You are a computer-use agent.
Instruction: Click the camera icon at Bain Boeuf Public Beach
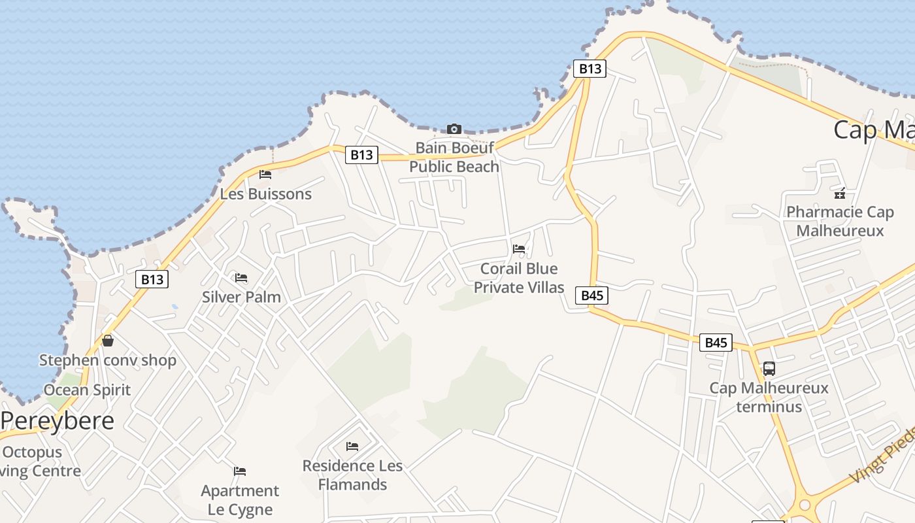tap(454, 129)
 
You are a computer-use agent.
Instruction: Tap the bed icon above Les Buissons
tap(265, 175)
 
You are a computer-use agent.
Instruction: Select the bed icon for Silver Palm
tap(241, 278)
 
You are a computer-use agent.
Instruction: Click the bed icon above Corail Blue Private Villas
tap(519, 249)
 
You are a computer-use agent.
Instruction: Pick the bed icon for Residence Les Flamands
tap(352, 447)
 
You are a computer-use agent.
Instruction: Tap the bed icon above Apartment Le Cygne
tap(240, 471)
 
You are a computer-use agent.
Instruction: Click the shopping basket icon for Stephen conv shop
tap(108, 341)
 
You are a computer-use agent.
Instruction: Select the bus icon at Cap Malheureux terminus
tap(769, 369)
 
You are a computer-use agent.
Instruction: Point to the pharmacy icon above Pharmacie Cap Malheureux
tap(840, 193)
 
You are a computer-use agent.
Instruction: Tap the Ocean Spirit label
tap(87, 390)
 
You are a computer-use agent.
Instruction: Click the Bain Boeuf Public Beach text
tap(454, 157)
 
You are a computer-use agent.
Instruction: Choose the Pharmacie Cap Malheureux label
tap(840, 222)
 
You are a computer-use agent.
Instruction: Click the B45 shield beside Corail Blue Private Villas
tap(592, 295)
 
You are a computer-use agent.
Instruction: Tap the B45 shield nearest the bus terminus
tap(716, 343)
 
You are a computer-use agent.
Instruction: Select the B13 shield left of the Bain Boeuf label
tap(361, 155)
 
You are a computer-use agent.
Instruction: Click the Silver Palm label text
tap(241, 297)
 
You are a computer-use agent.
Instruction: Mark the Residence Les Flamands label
tap(352, 475)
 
